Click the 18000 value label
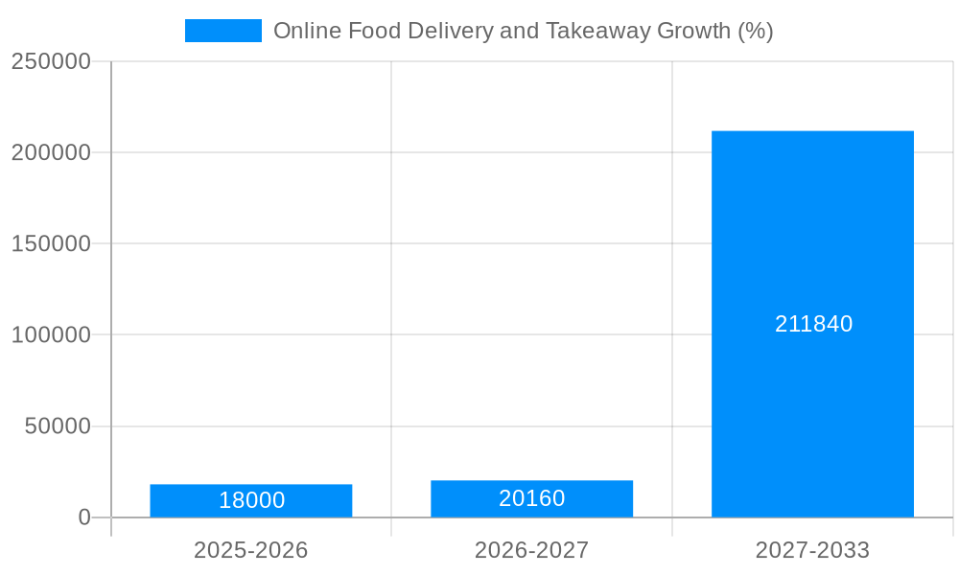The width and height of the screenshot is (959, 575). (x=251, y=500)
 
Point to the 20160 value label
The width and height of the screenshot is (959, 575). (x=531, y=498)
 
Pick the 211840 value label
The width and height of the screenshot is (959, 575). (x=813, y=324)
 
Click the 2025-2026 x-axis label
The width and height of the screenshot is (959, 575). (x=251, y=550)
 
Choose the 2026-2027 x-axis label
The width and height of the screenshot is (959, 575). (x=531, y=550)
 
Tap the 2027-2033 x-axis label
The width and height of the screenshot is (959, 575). (x=812, y=550)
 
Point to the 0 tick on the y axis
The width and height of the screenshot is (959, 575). (x=83, y=517)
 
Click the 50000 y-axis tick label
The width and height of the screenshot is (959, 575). (x=58, y=425)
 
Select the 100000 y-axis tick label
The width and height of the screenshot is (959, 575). (x=51, y=334)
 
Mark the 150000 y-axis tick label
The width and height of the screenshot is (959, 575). (x=51, y=243)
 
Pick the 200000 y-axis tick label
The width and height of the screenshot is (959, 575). (x=51, y=152)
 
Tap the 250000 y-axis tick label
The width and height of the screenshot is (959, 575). (x=51, y=61)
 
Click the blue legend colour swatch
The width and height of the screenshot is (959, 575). (x=222, y=31)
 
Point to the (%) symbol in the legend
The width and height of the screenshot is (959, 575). (x=755, y=31)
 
